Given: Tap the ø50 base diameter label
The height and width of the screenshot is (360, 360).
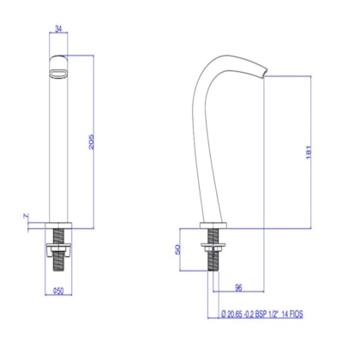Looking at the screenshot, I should tap(59, 290).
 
